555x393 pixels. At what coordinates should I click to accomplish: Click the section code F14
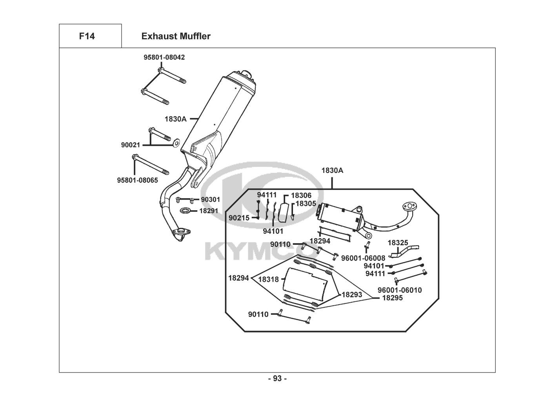coord(87,36)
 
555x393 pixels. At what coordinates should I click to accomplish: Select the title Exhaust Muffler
coord(176,36)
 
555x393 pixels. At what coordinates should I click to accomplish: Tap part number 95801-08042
coord(164,57)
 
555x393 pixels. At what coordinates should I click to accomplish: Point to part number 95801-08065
coord(138,180)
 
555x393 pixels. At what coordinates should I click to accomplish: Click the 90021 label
coord(131,145)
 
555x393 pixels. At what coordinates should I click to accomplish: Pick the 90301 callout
coord(210,200)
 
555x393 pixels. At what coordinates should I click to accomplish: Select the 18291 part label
coord(209,211)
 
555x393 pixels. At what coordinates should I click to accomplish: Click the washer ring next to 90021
coord(177,143)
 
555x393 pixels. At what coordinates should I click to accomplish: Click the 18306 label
coord(301,195)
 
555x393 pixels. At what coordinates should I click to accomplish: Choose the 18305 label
coord(306,204)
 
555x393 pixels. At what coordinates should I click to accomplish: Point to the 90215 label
coord(239,218)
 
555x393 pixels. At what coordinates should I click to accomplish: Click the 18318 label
coord(269,279)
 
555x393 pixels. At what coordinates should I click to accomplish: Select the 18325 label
coord(398,243)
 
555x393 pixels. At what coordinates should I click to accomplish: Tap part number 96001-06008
coord(363,258)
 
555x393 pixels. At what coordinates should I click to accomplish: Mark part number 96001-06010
coord(400,290)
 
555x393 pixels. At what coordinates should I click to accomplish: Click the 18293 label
coord(352,295)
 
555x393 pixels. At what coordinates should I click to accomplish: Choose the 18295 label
coord(393,298)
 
